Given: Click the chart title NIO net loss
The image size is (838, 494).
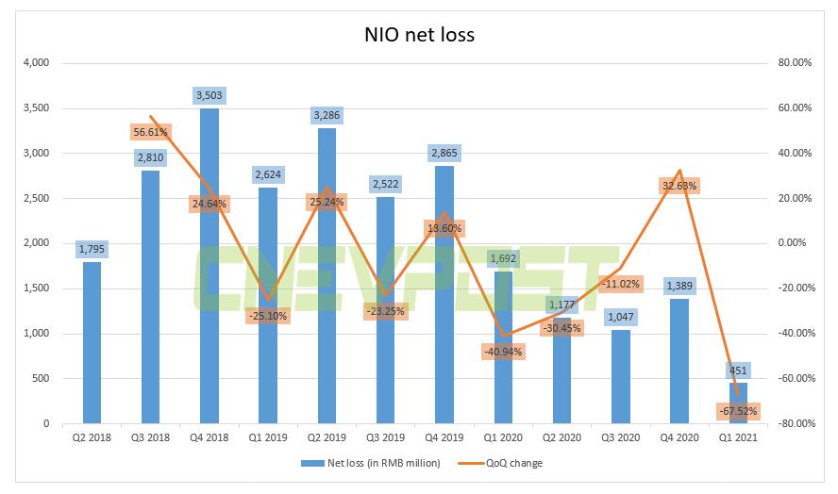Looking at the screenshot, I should [x=419, y=35].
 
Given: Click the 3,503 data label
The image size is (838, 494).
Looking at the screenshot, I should [x=209, y=95].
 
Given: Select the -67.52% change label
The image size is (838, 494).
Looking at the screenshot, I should [x=736, y=411].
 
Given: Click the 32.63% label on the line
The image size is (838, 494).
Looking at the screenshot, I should [x=678, y=186].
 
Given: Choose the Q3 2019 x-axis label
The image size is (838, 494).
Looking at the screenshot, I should [x=386, y=437].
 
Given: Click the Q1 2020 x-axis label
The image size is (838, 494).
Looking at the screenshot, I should [x=503, y=437].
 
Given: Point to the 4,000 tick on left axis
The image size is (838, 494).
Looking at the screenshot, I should [x=35, y=63].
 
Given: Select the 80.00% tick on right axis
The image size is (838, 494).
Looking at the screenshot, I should [x=793, y=63].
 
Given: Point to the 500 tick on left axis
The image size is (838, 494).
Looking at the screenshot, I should [x=41, y=379].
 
